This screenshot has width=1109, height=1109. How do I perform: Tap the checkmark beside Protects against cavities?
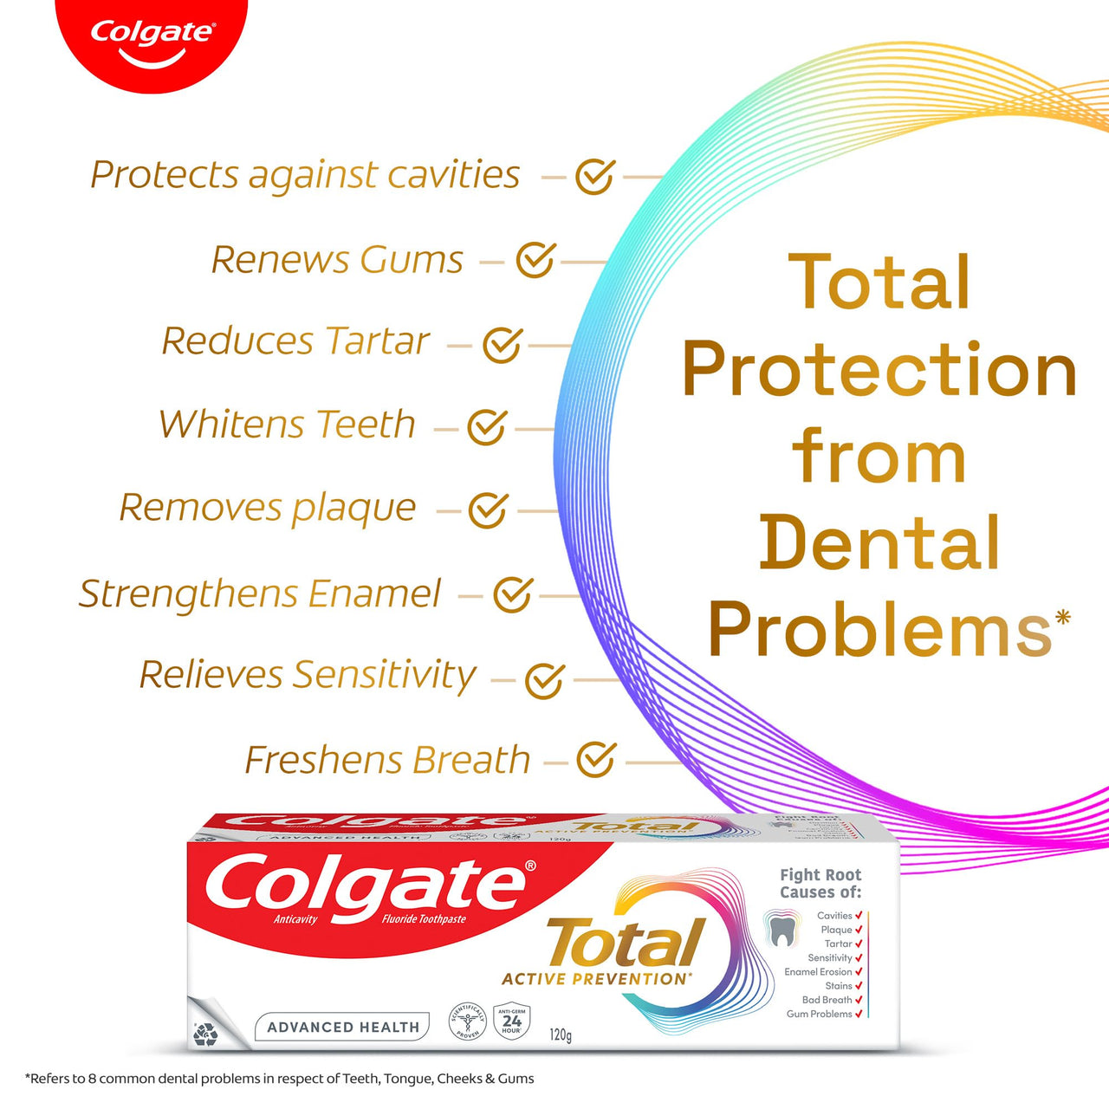click(595, 177)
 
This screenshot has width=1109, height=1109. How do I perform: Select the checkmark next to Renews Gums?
click(535, 260)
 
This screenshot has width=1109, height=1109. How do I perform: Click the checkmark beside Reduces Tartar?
click(502, 345)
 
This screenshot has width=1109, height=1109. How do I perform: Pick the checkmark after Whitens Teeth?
click(487, 427)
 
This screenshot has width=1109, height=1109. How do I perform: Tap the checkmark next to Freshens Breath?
click(596, 760)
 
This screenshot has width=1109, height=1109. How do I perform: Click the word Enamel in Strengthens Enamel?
click(374, 594)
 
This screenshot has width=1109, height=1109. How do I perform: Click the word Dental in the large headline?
click(879, 543)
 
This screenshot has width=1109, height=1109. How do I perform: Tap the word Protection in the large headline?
click(879, 370)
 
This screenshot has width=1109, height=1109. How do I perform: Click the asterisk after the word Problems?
click(1063, 617)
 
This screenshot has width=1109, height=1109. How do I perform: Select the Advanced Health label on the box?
click(343, 1027)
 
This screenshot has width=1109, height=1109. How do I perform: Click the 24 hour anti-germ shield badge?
click(512, 1021)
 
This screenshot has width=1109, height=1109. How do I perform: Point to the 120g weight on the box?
click(561, 1034)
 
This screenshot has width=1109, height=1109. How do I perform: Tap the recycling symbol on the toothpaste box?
click(205, 1034)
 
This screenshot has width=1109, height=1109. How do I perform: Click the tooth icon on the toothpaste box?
click(781, 931)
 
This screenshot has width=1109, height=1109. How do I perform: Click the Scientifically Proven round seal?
click(468, 1021)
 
